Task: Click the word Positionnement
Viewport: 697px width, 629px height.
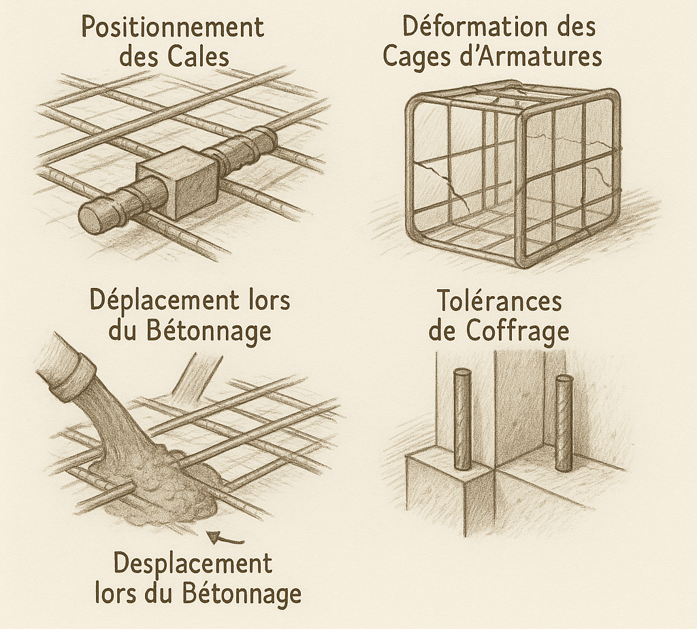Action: [173, 28]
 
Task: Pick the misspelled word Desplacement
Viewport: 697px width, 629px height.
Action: [193, 563]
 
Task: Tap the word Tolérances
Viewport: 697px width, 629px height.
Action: [500, 301]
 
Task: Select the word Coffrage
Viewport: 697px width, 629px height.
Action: [518, 331]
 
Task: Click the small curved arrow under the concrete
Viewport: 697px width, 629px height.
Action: [226, 538]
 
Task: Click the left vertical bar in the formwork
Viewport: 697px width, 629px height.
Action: [462, 420]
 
